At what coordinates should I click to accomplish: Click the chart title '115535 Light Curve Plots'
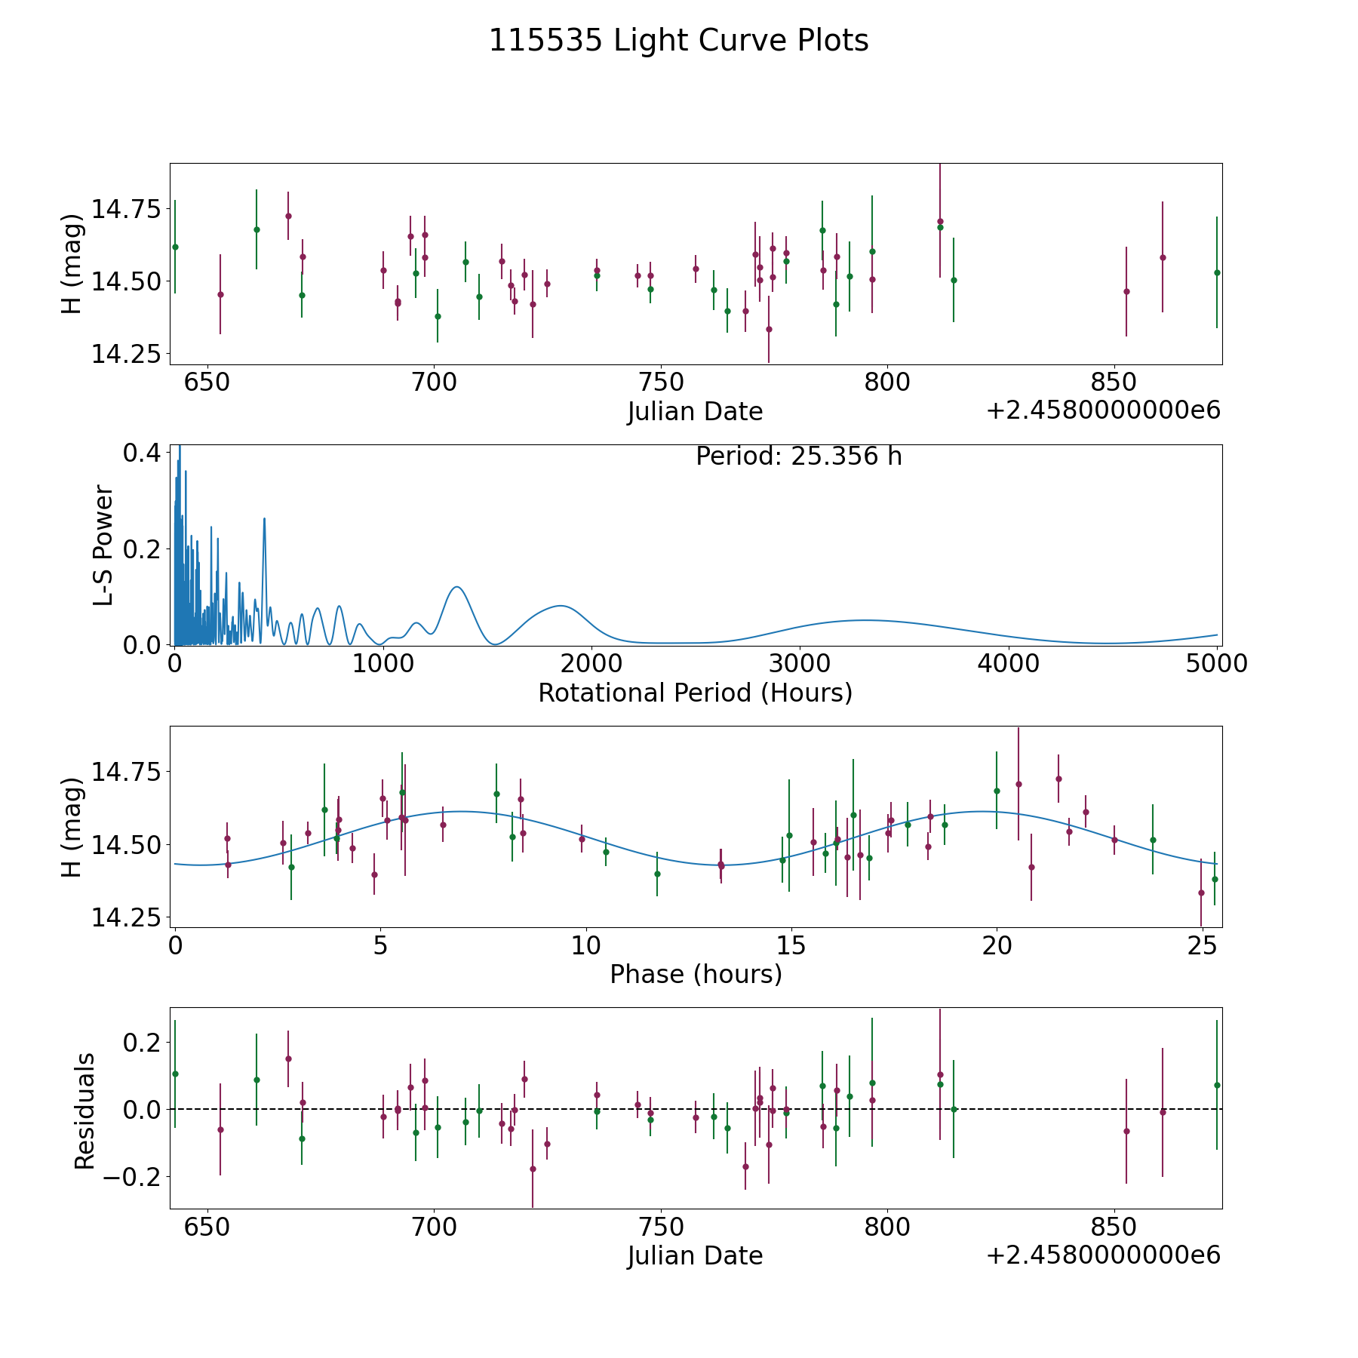(x=678, y=41)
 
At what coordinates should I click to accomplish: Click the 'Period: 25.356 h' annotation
(x=798, y=456)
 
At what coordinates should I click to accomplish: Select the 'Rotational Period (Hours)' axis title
(x=695, y=693)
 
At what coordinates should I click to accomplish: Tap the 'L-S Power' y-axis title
(x=103, y=545)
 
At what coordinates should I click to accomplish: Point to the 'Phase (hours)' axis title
(x=695, y=974)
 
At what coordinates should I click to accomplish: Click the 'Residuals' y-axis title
(x=84, y=1111)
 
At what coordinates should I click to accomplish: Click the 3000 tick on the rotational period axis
(x=799, y=664)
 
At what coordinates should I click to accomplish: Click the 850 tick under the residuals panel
(x=1114, y=1227)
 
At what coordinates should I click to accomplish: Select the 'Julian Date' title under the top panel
(x=695, y=412)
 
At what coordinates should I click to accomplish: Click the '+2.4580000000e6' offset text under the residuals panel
(x=1103, y=1255)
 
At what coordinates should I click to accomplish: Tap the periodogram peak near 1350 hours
(x=456, y=587)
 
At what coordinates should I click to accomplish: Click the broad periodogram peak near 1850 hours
(x=560, y=605)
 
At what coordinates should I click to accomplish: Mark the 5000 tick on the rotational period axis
(x=1216, y=664)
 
